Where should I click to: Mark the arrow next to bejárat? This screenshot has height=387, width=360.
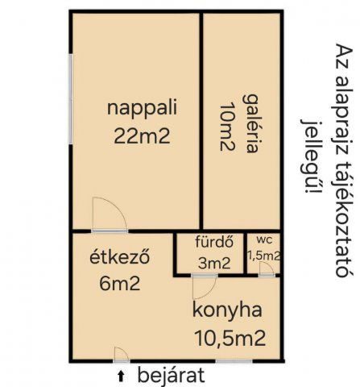(122, 375)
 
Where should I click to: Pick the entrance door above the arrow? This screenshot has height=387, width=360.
(121, 354)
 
